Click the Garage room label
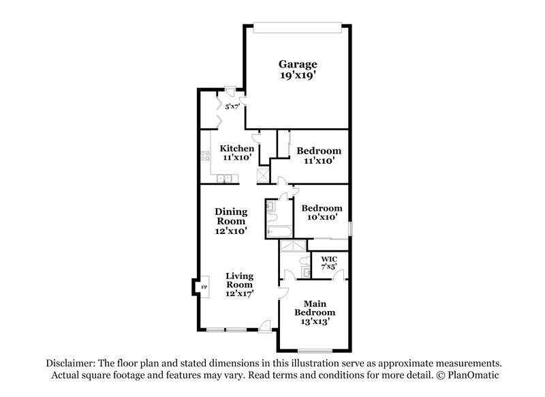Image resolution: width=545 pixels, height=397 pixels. [x=298, y=65]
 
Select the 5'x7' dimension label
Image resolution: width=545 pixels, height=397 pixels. [x=232, y=106]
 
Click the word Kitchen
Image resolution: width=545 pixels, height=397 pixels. [x=236, y=149]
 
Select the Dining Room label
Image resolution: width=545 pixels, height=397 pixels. [x=231, y=216]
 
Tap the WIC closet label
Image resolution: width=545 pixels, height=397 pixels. [x=328, y=259]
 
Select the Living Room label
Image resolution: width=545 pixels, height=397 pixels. [x=240, y=280]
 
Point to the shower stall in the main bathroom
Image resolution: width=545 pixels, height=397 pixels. [x=293, y=247]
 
